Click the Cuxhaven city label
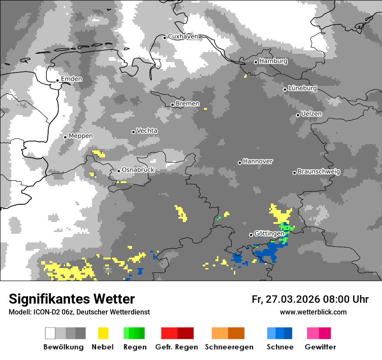pos(183,36)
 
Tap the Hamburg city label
pos(273,61)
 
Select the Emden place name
pos(72,79)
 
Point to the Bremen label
pos(188,104)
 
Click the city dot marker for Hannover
pos(240,163)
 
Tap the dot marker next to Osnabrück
pos(119,171)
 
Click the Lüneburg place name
pos(303,88)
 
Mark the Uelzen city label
pos(311,114)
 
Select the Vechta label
pos(147,131)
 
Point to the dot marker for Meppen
pos(66,137)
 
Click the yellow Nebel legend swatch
pos(103,333)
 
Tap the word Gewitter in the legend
pos(320,347)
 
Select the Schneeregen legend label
pos(229,347)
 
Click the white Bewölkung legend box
pos(50,333)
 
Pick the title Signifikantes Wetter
pos(72,299)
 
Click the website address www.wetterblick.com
pos(313,312)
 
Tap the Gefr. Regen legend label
pos(177,347)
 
